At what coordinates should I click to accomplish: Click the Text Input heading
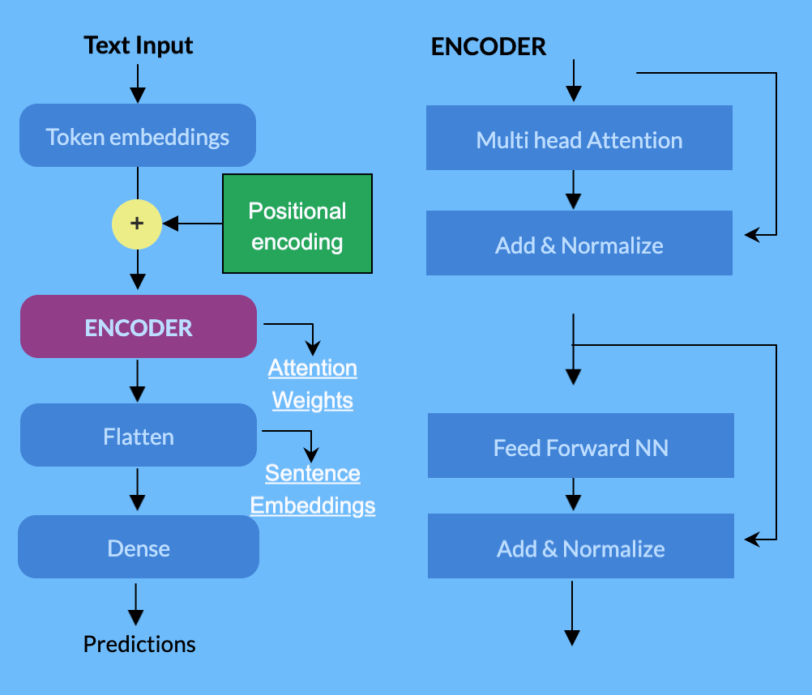(139, 45)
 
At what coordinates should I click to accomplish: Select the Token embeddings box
(138, 136)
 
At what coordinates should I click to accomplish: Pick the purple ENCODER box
(138, 327)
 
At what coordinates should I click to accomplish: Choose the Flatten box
(138, 436)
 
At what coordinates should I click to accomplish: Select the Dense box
(138, 548)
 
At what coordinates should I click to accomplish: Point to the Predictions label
(139, 644)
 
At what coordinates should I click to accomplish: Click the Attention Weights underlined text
(313, 384)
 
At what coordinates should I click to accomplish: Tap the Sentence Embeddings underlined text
(313, 489)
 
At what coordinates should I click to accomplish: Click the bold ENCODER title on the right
(489, 47)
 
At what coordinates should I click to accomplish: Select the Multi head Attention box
(579, 139)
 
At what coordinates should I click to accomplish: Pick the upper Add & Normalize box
(579, 245)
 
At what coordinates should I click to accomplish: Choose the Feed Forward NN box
(580, 447)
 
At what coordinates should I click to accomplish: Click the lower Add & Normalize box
(580, 548)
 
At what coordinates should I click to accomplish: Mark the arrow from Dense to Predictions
(136, 604)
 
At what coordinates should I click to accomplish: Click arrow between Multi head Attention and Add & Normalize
(573, 190)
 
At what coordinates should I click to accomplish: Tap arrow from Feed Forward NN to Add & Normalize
(573, 495)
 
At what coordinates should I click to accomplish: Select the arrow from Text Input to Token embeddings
(138, 82)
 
